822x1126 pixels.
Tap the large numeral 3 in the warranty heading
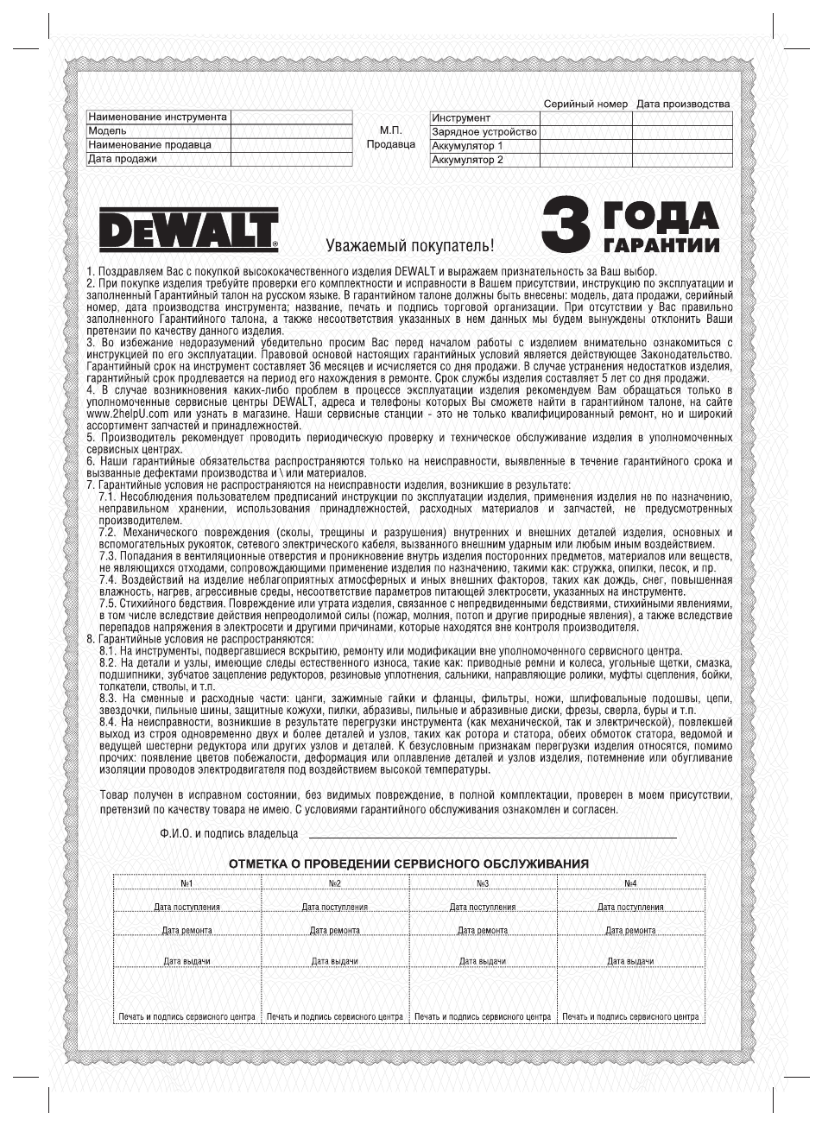point(567,229)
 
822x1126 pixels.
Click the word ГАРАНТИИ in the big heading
point(662,244)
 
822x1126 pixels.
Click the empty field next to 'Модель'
point(291,131)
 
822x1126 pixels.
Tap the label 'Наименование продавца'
point(149,145)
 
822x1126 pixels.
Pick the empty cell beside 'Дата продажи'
point(291,159)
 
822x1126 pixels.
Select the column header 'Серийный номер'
point(585,104)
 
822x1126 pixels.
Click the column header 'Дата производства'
point(683,104)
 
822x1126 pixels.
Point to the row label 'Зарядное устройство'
point(484,132)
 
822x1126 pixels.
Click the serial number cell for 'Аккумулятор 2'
point(585,160)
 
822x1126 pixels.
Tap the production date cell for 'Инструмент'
point(682,118)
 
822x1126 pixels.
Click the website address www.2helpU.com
point(127,414)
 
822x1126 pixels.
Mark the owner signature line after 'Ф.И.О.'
point(492,836)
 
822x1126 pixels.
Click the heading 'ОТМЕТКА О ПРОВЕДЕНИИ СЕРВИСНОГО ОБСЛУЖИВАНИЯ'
point(408,863)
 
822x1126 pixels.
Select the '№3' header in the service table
point(483,883)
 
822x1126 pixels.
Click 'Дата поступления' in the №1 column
point(187,907)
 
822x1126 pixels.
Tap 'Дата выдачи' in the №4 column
point(630,961)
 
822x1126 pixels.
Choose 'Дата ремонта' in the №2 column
point(335,930)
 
